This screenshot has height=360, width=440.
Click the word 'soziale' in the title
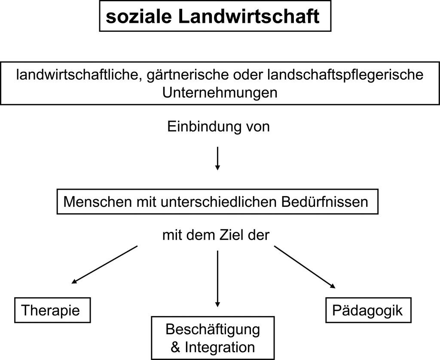pos(139,16)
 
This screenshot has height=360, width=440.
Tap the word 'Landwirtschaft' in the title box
pos(249,16)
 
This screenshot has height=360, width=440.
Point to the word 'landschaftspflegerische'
pos(345,75)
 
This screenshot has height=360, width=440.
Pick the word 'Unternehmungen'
pos(220,92)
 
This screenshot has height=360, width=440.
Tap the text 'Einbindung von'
pos(219,126)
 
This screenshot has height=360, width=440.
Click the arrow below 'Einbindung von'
pos(217,158)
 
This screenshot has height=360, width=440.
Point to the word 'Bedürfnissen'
pos(325,202)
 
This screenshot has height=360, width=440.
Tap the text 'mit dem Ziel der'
pos(216,235)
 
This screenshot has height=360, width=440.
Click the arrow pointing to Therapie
pos(105,265)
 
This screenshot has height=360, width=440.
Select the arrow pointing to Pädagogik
pos(305,267)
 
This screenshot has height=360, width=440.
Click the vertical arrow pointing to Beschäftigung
pos(217,279)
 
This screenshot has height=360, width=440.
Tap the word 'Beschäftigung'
pos(213,329)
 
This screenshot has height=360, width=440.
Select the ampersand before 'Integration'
pos(175,347)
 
